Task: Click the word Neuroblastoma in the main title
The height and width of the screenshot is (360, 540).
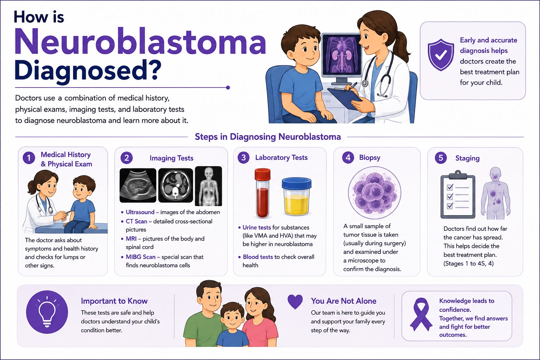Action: (140, 41)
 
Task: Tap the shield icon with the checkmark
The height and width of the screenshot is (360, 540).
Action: (441, 55)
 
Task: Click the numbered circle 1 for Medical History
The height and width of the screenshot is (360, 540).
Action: (29, 158)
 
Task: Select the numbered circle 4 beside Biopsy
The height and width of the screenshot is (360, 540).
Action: (348, 157)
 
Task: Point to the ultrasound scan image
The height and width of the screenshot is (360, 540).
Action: (138, 185)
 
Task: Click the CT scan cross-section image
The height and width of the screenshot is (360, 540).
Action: (175, 185)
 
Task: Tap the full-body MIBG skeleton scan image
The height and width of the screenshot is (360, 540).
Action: (208, 186)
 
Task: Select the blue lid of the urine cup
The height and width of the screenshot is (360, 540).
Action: (296, 183)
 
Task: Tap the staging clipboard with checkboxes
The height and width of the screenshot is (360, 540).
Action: (458, 194)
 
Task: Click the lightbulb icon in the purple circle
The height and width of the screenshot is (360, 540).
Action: (47, 312)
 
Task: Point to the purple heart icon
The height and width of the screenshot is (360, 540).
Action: (295, 302)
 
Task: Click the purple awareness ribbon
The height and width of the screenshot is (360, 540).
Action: (421, 314)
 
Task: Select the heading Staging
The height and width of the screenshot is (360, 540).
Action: (468, 158)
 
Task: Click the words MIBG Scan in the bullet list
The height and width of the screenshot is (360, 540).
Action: (141, 257)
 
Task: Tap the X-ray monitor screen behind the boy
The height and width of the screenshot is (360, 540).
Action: (342, 55)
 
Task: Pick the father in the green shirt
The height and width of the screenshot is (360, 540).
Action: (205, 314)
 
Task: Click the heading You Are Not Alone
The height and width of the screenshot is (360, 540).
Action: (343, 301)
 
